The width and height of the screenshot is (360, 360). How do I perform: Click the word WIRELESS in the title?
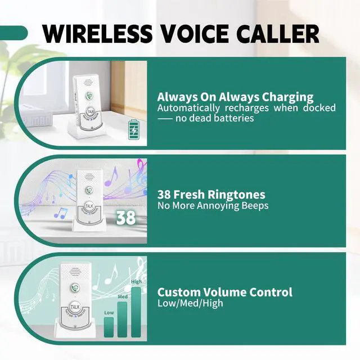click(x=97, y=34)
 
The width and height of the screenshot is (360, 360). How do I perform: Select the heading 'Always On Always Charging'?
click(x=235, y=97)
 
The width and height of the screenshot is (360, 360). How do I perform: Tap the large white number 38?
click(x=125, y=217)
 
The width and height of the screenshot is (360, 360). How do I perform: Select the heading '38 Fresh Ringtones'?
click(x=211, y=195)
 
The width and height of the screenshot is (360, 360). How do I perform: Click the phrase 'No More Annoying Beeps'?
click(x=213, y=205)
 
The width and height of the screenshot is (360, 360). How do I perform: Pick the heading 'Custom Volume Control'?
click(x=224, y=292)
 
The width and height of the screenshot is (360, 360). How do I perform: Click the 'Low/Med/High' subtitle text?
click(x=190, y=303)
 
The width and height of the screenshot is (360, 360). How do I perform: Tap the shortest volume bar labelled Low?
click(x=109, y=326)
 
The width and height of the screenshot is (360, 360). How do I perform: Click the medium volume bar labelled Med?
click(x=123, y=321)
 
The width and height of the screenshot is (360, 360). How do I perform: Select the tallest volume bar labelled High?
click(x=136, y=312)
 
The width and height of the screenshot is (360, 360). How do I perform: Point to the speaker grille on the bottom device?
click(x=73, y=272)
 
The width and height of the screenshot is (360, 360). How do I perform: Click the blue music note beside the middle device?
click(x=60, y=213)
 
